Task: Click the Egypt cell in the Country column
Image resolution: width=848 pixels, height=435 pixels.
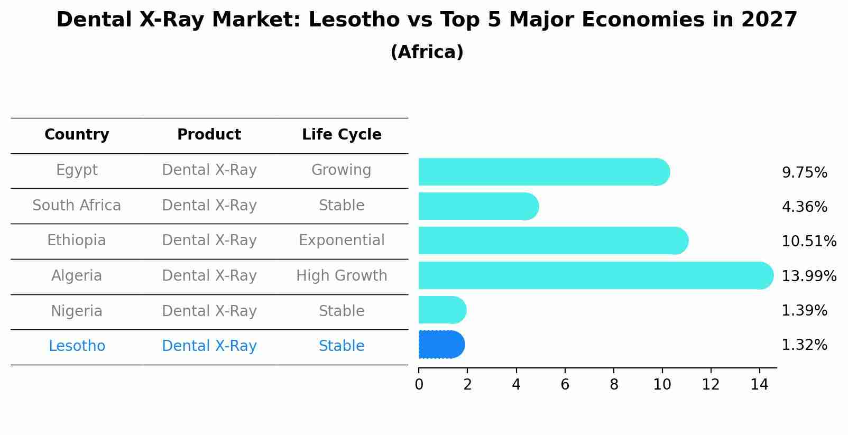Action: click(x=77, y=170)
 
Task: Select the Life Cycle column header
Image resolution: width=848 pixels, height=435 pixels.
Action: click(x=342, y=135)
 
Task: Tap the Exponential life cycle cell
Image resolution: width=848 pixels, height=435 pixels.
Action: click(x=342, y=240)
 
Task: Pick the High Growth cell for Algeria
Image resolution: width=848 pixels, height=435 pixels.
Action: click(x=342, y=276)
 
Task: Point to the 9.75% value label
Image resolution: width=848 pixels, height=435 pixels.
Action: click(x=804, y=173)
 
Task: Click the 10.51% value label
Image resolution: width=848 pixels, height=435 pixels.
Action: click(x=809, y=242)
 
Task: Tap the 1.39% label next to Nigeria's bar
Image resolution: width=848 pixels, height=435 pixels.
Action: click(x=804, y=311)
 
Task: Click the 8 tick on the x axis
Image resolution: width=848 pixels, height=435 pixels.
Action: click(x=614, y=385)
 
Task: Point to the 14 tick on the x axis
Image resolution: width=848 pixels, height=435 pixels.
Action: click(x=759, y=385)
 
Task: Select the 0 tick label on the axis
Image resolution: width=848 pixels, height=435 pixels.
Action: click(x=419, y=385)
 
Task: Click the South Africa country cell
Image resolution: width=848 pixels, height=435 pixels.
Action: click(x=77, y=206)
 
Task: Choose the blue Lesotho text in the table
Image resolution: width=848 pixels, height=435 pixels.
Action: click(x=77, y=346)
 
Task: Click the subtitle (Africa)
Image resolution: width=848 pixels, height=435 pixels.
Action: click(x=427, y=52)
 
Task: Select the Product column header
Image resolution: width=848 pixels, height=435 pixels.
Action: click(x=209, y=135)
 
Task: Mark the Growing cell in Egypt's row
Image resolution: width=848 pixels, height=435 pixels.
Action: click(x=342, y=170)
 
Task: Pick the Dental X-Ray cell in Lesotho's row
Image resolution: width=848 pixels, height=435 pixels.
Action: click(x=209, y=346)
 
